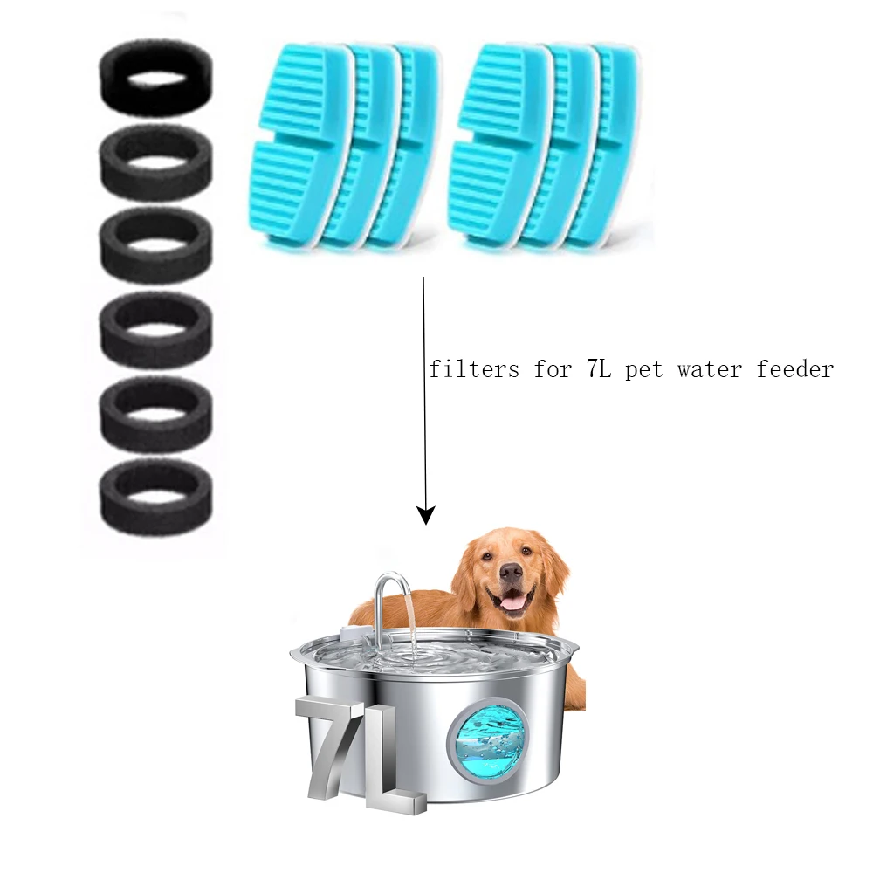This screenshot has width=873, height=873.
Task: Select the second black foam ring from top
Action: pyautogui.click(x=155, y=162)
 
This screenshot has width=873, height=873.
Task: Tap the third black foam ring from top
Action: pyautogui.click(x=155, y=246)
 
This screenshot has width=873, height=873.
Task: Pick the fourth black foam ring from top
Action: pyautogui.click(x=155, y=330)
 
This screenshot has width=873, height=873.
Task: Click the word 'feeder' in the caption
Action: pyautogui.click(x=799, y=369)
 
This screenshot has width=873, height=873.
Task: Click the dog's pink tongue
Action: pyautogui.click(x=516, y=602)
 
